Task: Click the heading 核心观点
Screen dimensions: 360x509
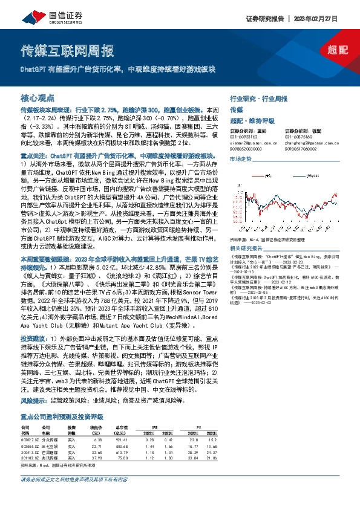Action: pos(38,97)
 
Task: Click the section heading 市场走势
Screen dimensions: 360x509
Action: pos(241,158)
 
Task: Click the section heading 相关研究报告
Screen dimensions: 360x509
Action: pos(245,248)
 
